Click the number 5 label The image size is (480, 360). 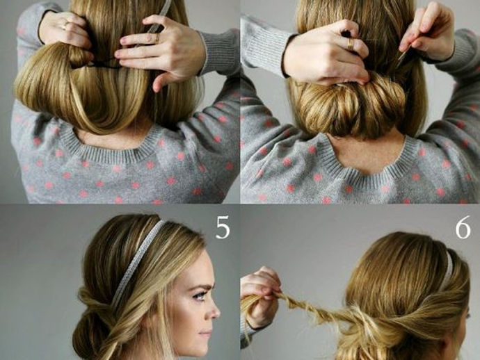click(x=223, y=227)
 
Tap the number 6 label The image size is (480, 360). click(x=463, y=227)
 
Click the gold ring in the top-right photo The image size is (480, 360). click(x=351, y=44)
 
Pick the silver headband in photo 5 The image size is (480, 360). click(x=137, y=260)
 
